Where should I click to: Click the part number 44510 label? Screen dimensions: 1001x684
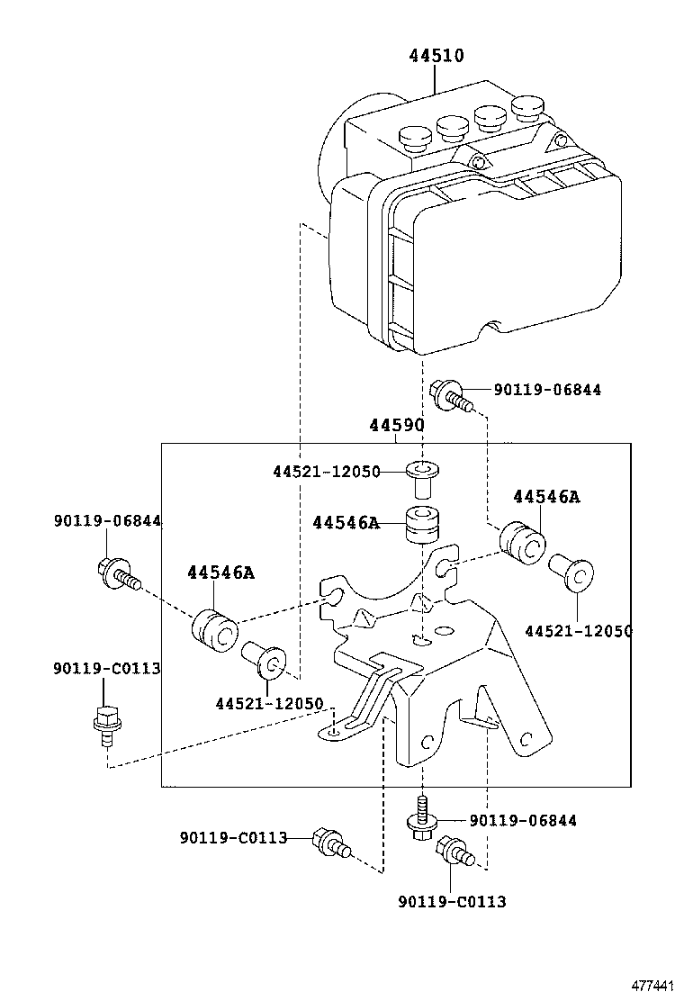tap(436, 56)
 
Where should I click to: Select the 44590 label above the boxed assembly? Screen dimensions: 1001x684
tap(396, 425)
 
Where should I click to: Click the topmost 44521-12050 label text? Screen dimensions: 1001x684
tap(327, 472)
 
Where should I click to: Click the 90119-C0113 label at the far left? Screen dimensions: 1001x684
tap(106, 668)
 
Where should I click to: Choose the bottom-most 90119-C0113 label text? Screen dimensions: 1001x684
tap(452, 901)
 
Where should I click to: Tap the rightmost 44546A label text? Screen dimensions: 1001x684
tap(546, 497)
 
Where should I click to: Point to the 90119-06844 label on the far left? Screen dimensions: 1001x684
tap(107, 519)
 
